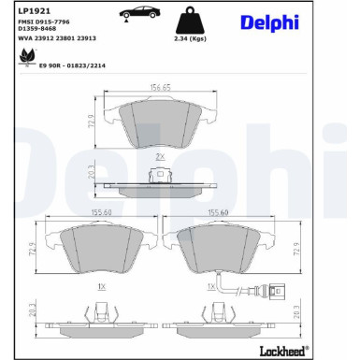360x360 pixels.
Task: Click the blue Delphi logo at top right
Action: point(269,23)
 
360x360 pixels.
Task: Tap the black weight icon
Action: point(190,21)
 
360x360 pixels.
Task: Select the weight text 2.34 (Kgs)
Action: point(190,39)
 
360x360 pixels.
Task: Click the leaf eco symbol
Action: point(26,58)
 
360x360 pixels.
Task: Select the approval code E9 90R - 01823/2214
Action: point(72,65)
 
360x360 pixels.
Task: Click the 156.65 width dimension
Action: point(160,87)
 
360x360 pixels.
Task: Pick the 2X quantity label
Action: point(160,157)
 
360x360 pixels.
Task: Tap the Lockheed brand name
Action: point(282,352)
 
